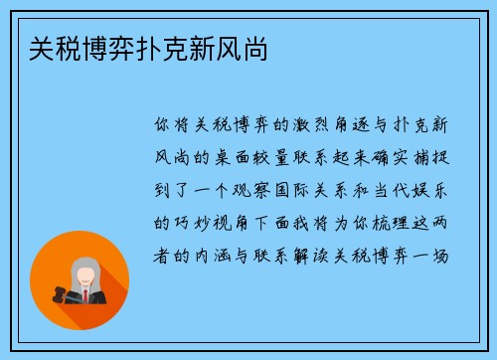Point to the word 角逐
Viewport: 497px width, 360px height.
pyautogui.click(x=359, y=126)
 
